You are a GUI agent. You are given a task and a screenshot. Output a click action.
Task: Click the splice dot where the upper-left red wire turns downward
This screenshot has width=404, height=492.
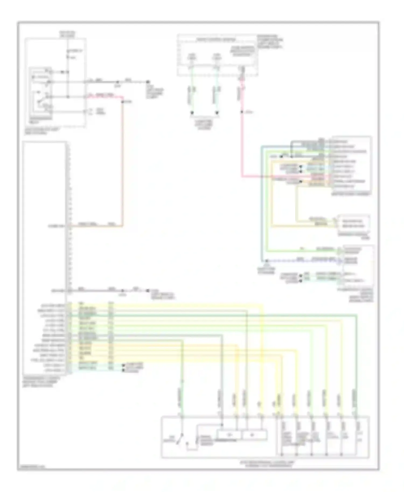(x=122, y=102)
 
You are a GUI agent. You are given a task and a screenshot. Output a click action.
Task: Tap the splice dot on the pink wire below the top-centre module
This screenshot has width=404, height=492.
(x=242, y=112)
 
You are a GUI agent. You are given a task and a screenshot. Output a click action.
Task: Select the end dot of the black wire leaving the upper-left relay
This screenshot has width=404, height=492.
(x=148, y=82)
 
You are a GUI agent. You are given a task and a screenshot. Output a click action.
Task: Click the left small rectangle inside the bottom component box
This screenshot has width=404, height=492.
(x=229, y=435)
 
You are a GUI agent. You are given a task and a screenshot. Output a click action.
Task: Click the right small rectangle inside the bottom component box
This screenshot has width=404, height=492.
(x=255, y=435)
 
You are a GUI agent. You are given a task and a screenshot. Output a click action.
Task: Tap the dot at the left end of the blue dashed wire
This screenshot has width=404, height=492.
(x=266, y=261)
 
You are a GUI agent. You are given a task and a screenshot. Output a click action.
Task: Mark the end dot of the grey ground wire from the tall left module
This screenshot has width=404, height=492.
(x=147, y=291)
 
